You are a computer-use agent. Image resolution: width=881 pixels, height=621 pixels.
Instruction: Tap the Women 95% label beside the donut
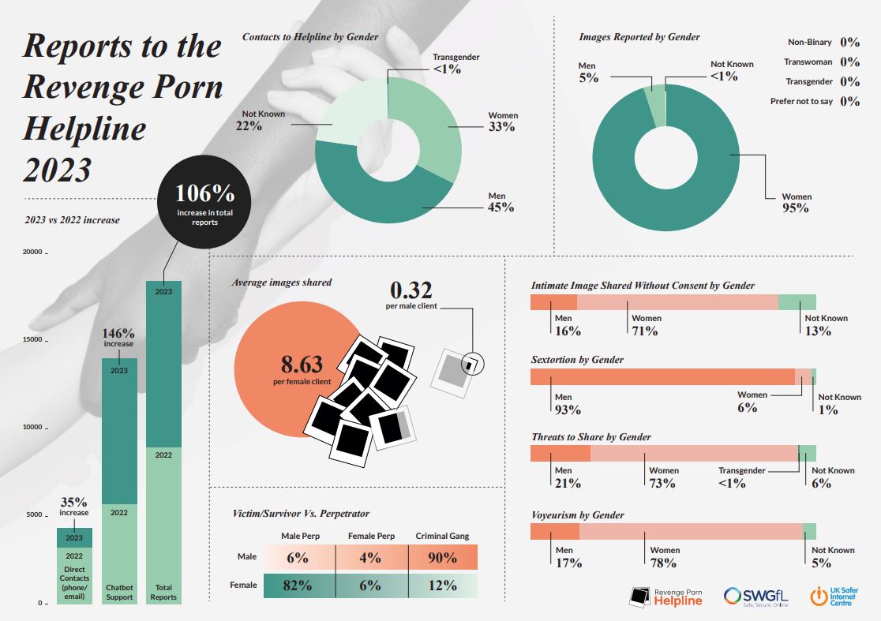tap(796, 203)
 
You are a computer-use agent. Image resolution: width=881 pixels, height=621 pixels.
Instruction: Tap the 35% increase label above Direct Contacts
tap(74, 507)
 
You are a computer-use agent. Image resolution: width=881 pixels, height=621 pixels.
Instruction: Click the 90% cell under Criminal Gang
tap(442, 558)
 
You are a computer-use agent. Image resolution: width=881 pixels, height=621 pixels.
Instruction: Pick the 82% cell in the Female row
tap(298, 585)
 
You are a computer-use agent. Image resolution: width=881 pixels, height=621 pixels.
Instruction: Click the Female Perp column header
tap(372, 537)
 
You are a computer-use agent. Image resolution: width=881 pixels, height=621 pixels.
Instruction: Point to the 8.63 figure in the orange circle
tap(302, 365)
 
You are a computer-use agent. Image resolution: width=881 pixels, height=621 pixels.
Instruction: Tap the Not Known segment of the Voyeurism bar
tap(809, 531)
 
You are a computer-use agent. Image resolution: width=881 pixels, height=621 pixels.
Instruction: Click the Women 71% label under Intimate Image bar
tap(645, 324)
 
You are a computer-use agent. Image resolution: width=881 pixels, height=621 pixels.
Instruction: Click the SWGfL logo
tap(756, 597)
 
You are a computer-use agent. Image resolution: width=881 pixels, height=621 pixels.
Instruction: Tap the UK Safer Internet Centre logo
tap(839, 597)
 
